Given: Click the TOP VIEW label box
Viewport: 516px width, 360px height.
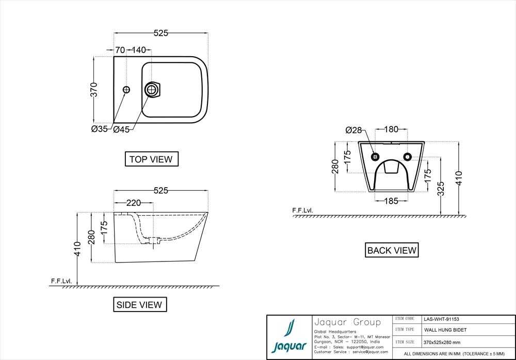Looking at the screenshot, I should coord(152,159).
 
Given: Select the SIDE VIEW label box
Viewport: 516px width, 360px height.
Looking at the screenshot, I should coord(140,305).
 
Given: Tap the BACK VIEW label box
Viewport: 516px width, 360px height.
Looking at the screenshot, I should coord(392,250).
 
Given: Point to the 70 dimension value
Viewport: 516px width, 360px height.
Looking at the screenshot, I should coord(120,50).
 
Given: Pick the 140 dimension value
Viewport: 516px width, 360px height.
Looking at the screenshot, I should coord(138,50).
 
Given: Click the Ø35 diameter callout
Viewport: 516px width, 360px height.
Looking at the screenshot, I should coord(100,129).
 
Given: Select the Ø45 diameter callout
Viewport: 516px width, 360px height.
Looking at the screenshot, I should coord(121,129).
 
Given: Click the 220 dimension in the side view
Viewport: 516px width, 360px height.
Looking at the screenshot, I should coord(133,203).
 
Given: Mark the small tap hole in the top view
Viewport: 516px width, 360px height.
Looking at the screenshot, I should coord(126,90).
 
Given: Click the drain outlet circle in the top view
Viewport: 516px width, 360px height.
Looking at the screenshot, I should coord(151,90).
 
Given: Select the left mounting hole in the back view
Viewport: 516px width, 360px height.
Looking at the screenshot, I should coord(376,156).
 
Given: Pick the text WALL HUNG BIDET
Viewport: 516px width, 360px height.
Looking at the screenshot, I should coord(445,330).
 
